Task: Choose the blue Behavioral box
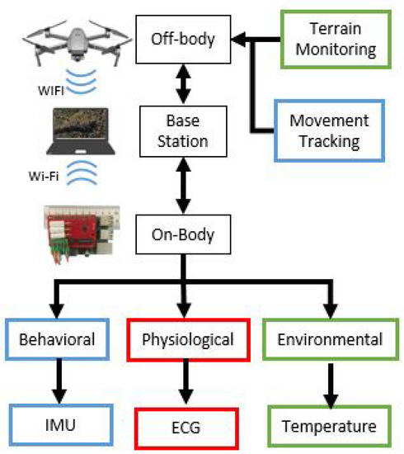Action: [x=57, y=338]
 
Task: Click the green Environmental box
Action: [x=330, y=338]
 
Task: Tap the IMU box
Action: [x=57, y=426]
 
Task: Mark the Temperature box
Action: [x=330, y=427]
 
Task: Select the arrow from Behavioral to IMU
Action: [x=57, y=382]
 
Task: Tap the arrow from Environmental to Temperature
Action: [x=330, y=382]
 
